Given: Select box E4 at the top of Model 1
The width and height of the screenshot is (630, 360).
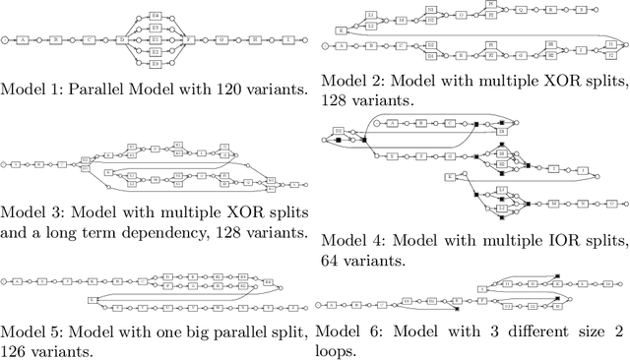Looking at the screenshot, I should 155,16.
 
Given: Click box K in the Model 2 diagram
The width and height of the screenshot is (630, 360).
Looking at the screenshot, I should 341,31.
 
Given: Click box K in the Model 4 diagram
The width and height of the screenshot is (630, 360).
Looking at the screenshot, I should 450,176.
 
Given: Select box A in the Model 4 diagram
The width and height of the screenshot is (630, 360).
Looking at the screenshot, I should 393,123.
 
